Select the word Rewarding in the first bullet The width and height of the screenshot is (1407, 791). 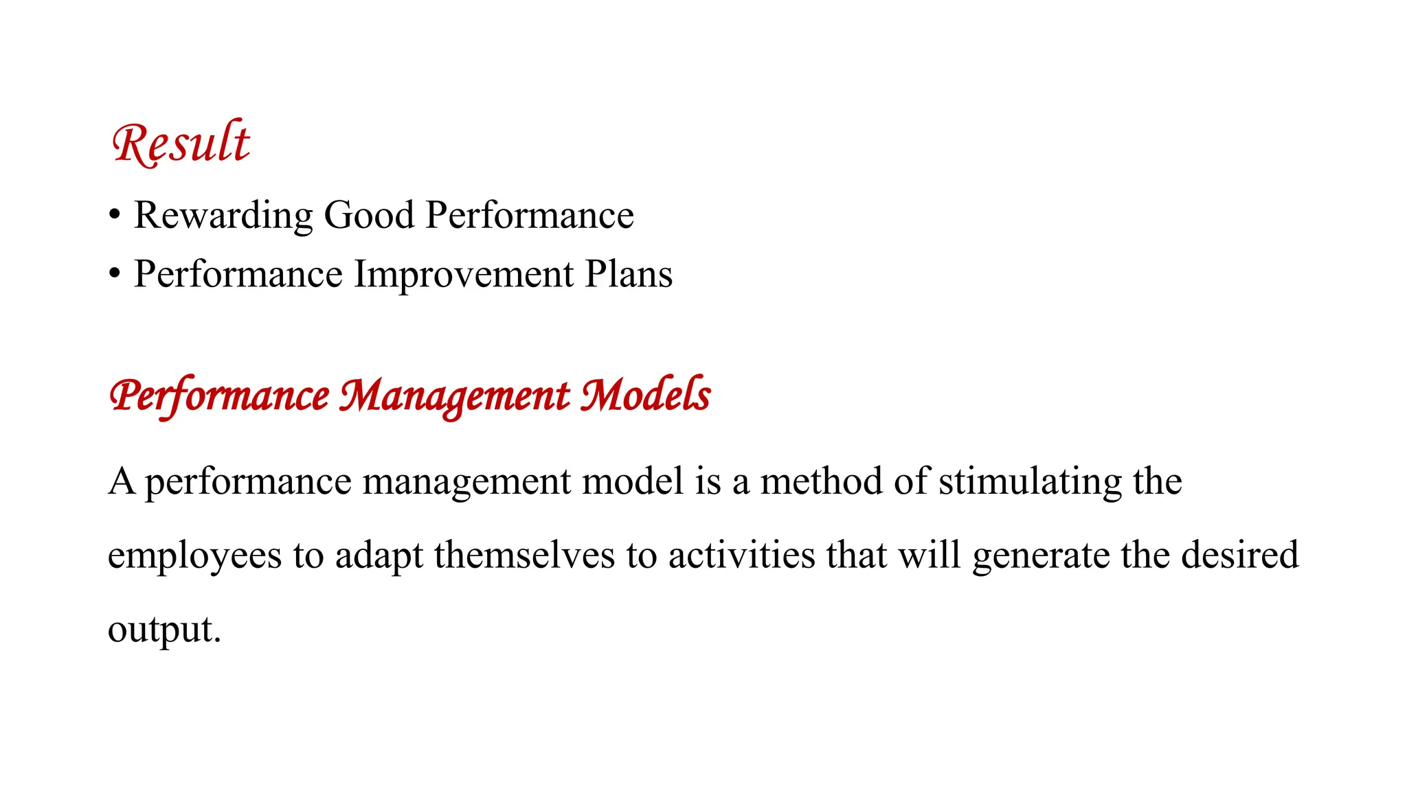pyautogui.click(x=223, y=215)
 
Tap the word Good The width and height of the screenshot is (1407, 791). pyautogui.click(x=369, y=215)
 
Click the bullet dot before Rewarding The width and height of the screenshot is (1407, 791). pyautogui.click(x=115, y=215)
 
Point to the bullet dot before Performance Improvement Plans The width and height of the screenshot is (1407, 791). pyautogui.click(x=115, y=274)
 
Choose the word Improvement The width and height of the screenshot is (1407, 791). pyautogui.click(x=463, y=274)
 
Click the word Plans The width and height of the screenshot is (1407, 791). pyautogui.click(x=629, y=274)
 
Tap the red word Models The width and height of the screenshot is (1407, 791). pyautogui.click(x=645, y=395)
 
